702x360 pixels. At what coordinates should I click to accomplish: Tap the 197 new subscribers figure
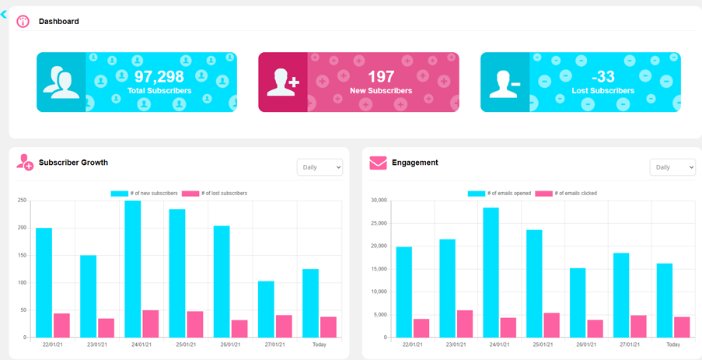(x=381, y=76)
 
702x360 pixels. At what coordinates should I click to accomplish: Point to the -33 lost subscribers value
(x=602, y=76)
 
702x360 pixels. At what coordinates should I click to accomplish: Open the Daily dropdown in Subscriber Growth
(x=320, y=167)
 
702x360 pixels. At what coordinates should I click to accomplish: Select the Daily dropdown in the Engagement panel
(x=672, y=167)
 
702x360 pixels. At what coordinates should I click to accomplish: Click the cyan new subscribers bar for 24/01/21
(x=133, y=268)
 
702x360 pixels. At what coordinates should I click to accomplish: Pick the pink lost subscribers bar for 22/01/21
(x=61, y=325)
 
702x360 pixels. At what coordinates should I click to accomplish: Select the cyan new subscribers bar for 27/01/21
(x=266, y=309)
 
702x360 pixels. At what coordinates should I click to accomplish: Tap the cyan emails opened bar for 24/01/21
(x=491, y=272)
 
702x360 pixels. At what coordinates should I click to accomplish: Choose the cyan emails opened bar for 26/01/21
(x=578, y=302)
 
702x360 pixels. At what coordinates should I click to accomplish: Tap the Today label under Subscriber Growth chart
(x=319, y=344)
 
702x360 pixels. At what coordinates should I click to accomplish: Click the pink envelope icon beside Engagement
(x=378, y=163)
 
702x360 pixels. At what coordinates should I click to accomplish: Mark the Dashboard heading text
(x=59, y=21)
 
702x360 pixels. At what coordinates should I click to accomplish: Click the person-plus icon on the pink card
(x=282, y=82)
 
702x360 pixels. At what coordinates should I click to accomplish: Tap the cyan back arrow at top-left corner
(x=5, y=14)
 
